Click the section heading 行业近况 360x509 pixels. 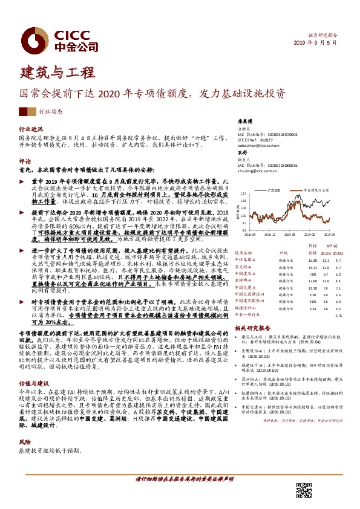tap(31, 129)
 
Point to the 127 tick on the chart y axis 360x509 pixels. tap(243, 194)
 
